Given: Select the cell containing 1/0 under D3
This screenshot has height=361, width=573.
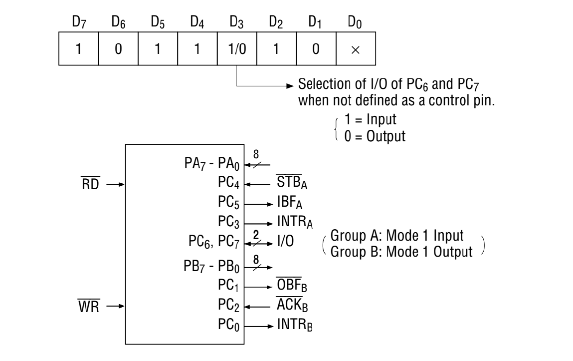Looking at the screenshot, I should (236, 51).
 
